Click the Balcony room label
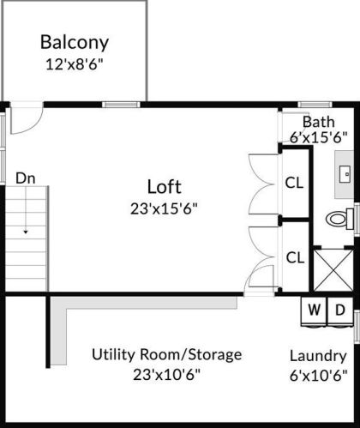tap(75, 42)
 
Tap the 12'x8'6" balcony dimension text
tap(75, 65)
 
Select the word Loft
tap(165, 187)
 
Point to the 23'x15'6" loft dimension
tap(164, 208)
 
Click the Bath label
tap(319, 122)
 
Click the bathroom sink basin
tap(345, 174)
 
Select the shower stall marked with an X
tap(333, 270)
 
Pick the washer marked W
tap(314, 311)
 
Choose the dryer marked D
tap(340, 311)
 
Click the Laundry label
tap(318, 357)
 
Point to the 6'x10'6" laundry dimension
tap(319, 376)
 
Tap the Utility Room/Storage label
tap(167, 355)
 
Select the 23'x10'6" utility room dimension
tap(167, 375)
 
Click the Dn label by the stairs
tap(26, 178)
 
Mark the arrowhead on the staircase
tap(26, 232)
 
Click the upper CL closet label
tap(294, 183)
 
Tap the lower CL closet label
tap(295, 257)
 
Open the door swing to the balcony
tap(32, 126)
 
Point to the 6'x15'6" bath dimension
tap(319, 138)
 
